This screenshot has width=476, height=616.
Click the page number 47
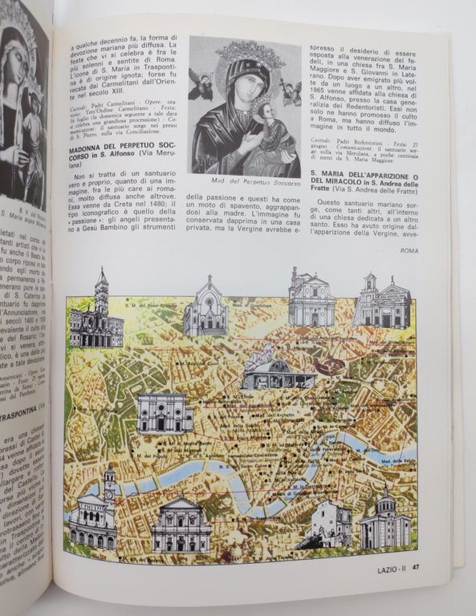[x=418, y=570]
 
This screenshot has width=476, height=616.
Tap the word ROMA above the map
[x=409, y=251]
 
